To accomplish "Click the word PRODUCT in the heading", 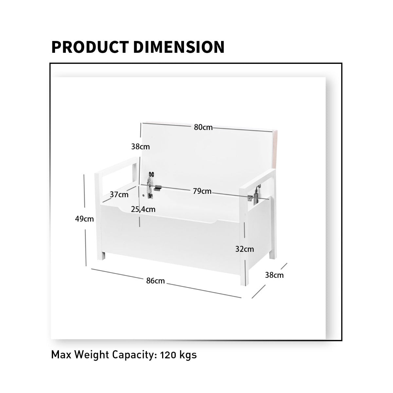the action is pos(90,47).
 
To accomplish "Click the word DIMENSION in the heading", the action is pos(179,47).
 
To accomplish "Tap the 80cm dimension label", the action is pos(203,127).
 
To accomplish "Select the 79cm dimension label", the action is pos(202,191).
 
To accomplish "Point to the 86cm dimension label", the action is pos(156,281).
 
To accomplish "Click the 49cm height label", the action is pos(84,219).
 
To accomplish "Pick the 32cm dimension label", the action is pos(245,249).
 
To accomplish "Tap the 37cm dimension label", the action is pos(119,195).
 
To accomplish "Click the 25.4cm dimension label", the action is pos(143,209).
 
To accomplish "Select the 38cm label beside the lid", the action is pos(140,147).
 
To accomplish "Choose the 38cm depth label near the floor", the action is pos(274,275).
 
